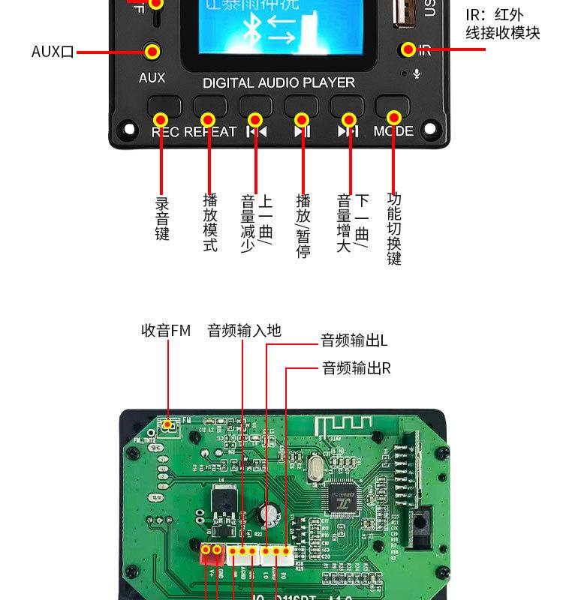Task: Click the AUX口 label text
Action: tap(53, 52)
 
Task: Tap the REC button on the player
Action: tap(164, 106)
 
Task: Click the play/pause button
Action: tap(301, 106)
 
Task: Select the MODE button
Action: tap(393, 106)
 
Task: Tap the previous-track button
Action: tap(255, 106)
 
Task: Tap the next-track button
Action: tap(347, 106)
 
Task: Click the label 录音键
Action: tap(162, 218)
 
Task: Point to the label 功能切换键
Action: tap(394, 229)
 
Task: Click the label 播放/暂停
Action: tap(303, 226)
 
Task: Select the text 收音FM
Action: tap(166, 330)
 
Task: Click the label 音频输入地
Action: tap(244, 330)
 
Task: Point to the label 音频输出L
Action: tap(354, 341)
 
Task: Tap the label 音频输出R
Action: tap(357, 368)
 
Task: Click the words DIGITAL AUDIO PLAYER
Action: tap(278, 82)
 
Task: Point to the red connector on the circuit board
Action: tap(210, 553)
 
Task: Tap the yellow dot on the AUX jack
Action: tap(152, 52)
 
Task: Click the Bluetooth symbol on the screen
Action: tap(252, 30)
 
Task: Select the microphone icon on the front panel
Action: tap(417, 73)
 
